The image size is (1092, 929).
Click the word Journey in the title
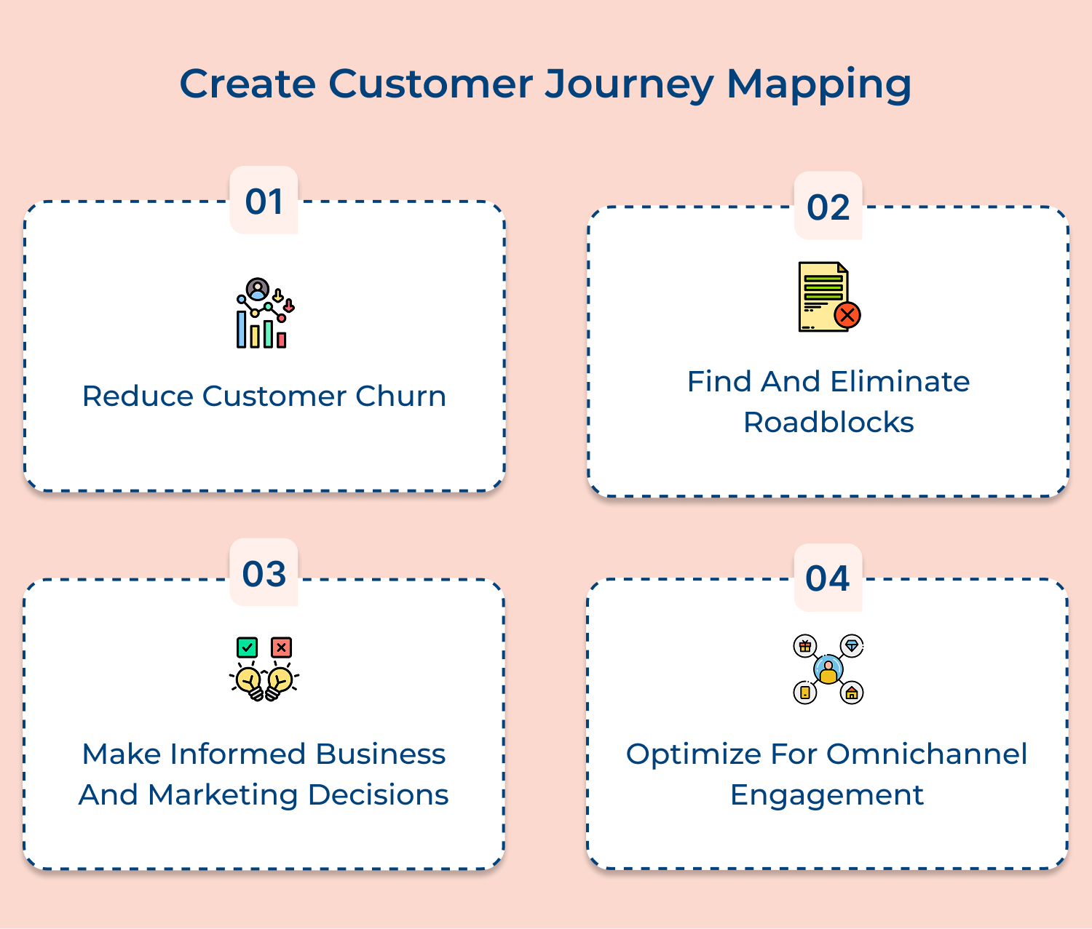[629, 84]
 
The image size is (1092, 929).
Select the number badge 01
[264, 202]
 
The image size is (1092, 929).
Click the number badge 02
[828, 207]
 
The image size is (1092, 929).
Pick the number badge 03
[264, 574]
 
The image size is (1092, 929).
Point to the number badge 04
[828, 579]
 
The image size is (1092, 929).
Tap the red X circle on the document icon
[847, 315]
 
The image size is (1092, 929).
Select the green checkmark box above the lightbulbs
[248, 647]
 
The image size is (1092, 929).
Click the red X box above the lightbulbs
[281, 647]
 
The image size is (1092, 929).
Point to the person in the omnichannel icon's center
[828, 669]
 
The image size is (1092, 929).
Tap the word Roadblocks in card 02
[828, 423]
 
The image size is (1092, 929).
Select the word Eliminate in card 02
[900, 382]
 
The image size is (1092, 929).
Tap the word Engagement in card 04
[826, 795]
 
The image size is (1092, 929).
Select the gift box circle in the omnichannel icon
[804, 646]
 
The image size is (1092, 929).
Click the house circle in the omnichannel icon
[852, 693]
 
